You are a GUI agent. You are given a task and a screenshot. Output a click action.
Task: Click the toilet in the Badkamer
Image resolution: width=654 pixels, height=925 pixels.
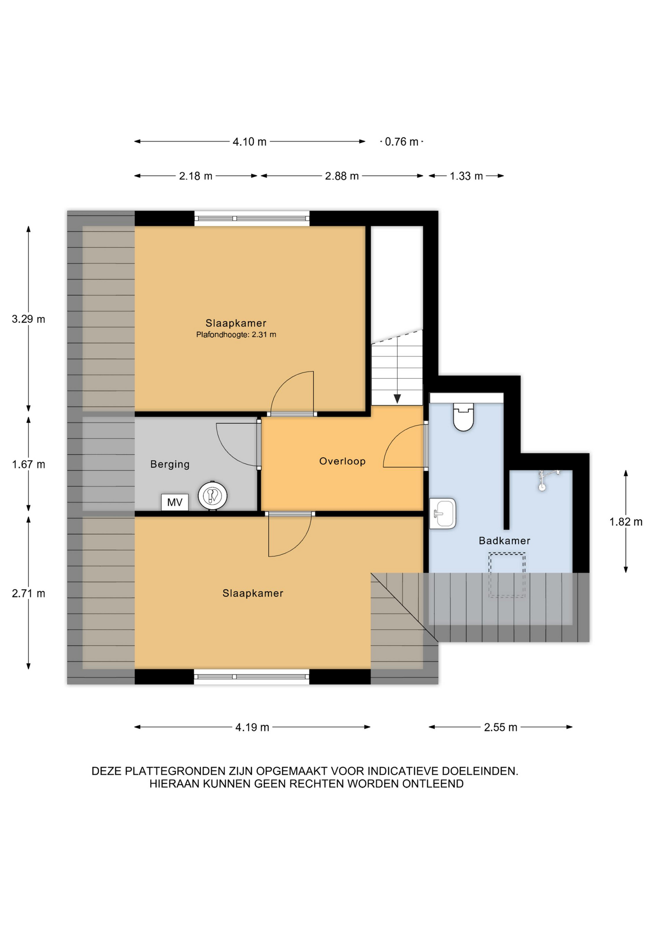463,417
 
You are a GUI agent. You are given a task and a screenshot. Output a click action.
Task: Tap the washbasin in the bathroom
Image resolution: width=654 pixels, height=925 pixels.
443,514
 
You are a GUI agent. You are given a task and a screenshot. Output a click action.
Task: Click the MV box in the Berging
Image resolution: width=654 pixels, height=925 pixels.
174,502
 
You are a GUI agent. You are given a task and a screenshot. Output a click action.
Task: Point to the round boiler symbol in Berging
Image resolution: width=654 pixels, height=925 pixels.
212,496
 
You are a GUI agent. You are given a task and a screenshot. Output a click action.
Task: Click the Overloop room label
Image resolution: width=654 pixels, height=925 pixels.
342,461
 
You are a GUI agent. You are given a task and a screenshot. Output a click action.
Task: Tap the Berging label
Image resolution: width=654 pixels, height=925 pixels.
170,464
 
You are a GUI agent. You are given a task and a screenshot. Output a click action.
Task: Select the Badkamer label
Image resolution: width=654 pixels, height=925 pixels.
504,541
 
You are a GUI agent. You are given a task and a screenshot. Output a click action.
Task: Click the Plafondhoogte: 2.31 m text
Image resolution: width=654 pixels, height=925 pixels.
236,335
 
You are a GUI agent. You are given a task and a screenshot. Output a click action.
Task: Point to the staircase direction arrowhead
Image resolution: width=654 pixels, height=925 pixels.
397,399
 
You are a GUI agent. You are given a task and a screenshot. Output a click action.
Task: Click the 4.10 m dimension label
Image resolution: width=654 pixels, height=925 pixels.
249,142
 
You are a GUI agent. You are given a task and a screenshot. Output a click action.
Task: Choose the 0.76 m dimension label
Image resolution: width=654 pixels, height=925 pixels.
402,142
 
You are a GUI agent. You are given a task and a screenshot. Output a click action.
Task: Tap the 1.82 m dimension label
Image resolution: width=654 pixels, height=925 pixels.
626,522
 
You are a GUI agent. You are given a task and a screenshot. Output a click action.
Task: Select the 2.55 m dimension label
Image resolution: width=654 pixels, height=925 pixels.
500,727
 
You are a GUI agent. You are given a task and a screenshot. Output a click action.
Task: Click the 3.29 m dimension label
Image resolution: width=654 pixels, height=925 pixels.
28,319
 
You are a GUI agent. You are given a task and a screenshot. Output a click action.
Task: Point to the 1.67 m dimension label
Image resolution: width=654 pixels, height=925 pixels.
28,464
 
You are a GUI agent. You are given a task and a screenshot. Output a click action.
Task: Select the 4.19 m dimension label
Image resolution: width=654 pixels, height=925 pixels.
252,727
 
